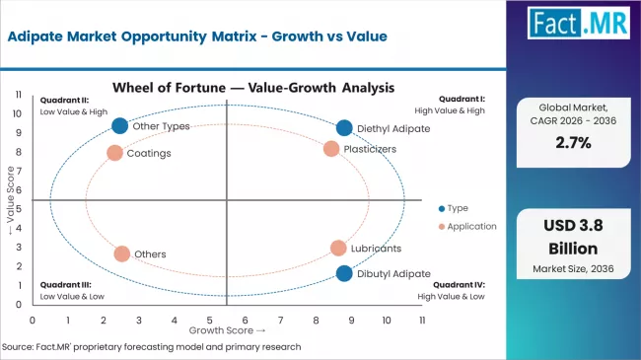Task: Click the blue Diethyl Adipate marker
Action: (343, 128)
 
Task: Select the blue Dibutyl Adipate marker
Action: (343, 273)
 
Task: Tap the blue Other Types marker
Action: (120, 125)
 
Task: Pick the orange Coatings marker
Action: (114, 153)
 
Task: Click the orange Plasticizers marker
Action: (331, 149)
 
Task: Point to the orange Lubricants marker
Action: (338, 249)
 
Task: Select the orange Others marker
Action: (121, 253)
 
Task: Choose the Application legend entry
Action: (468, 226)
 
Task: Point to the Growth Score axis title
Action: (227, 330)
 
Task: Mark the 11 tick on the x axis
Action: (422, 321)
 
